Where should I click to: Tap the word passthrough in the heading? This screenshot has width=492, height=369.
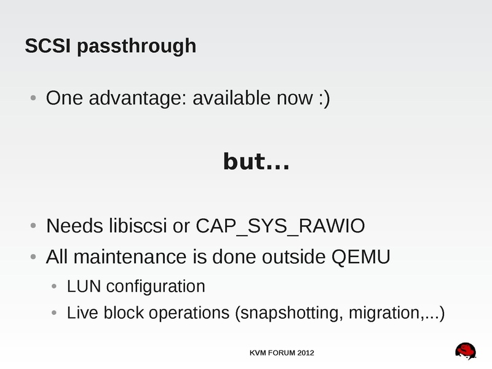tap(137, 47)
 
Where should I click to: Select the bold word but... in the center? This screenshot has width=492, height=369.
tap(256, 162)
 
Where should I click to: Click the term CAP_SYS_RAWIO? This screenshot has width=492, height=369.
tap(280, 227)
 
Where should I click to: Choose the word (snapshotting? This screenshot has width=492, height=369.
tap(289, 313)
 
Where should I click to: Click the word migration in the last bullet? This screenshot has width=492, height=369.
tap(382, 313)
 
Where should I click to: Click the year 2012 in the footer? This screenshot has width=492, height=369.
tap(305, 353)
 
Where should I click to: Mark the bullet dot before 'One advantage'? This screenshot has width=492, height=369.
tap(33, 98)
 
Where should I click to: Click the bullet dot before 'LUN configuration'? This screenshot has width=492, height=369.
tap(54, 287)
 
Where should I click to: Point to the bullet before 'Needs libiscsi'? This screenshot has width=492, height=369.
tap(33, 226)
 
